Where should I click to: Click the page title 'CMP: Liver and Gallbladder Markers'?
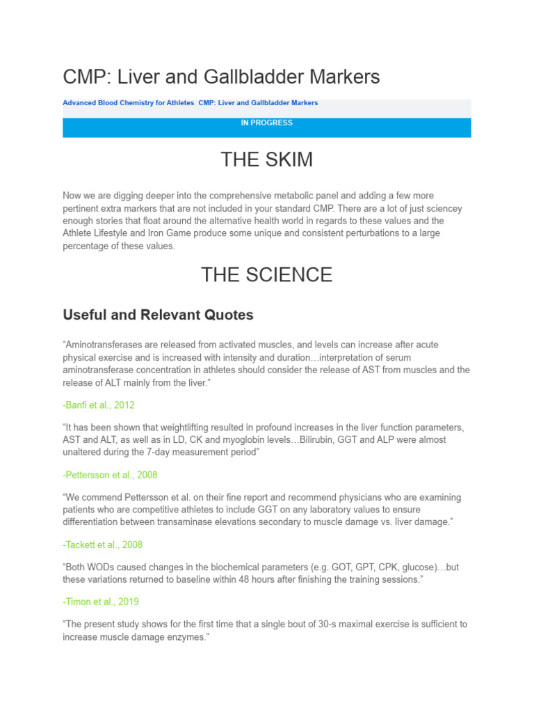(x=221, y=77)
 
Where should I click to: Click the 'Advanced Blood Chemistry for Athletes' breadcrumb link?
(x=129, y=103)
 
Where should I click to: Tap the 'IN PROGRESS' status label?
(x=266, y=123)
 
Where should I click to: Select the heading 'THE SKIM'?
(x=266, y=159)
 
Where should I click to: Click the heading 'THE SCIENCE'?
(x=266, y=274)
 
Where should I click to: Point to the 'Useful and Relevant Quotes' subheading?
(x=158, y=315)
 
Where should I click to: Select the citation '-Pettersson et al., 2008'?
(x=110, y=475)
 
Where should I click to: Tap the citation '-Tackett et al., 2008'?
(x=102, y=544)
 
